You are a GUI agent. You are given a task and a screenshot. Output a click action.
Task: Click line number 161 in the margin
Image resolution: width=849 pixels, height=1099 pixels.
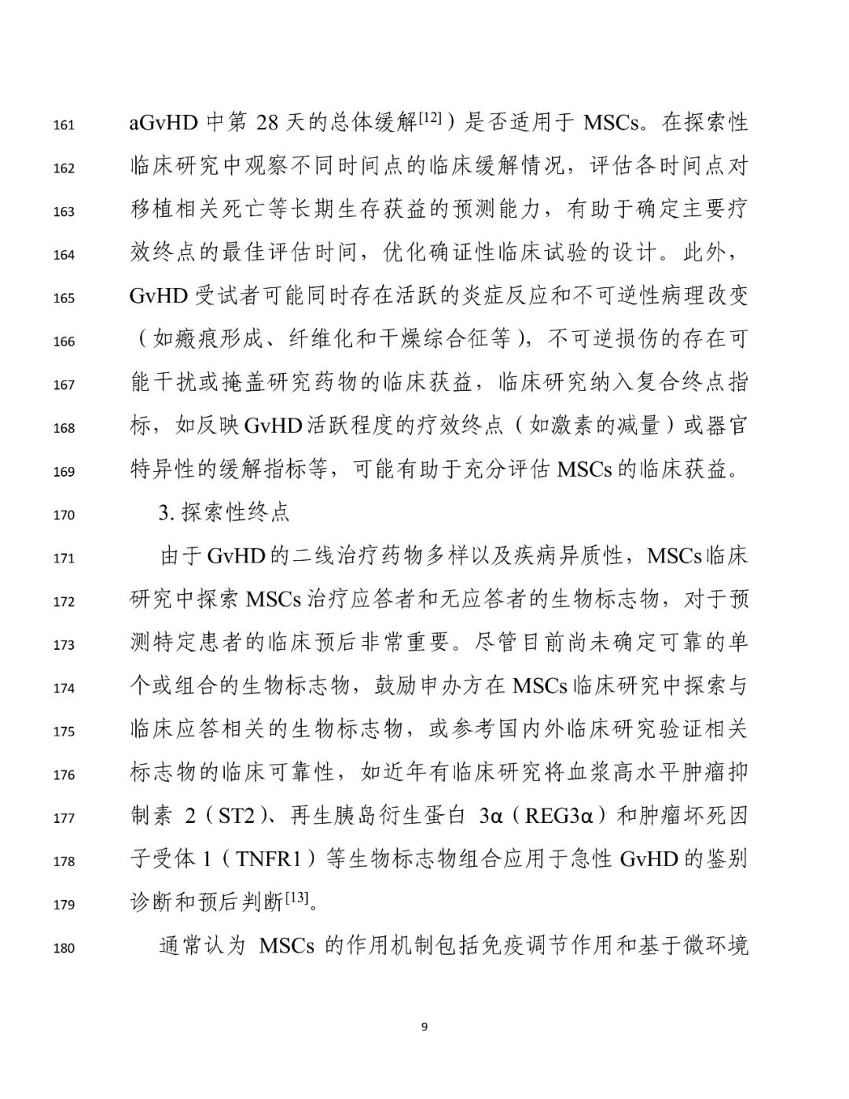coord(64,125)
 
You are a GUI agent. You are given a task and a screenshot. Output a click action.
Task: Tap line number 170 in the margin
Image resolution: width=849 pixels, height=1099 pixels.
coord(64,515)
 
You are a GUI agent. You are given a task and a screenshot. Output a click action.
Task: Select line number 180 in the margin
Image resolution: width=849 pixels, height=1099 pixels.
coord(64,949)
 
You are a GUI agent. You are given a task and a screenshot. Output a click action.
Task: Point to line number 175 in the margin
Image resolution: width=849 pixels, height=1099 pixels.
coord(64,732)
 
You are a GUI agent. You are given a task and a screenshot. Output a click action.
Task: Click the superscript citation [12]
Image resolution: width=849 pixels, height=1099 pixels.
coord(433,118)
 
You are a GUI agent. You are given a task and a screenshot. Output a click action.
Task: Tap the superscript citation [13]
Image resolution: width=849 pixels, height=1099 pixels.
coord(297,898)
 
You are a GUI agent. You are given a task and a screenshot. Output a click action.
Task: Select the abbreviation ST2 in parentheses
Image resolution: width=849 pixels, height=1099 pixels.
coord(237,816)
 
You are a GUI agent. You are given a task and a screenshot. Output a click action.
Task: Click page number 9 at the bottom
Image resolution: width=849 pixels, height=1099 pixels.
coord(424,1026)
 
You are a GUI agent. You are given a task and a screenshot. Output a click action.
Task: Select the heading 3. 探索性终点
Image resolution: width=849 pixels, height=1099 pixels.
coord(225,513)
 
